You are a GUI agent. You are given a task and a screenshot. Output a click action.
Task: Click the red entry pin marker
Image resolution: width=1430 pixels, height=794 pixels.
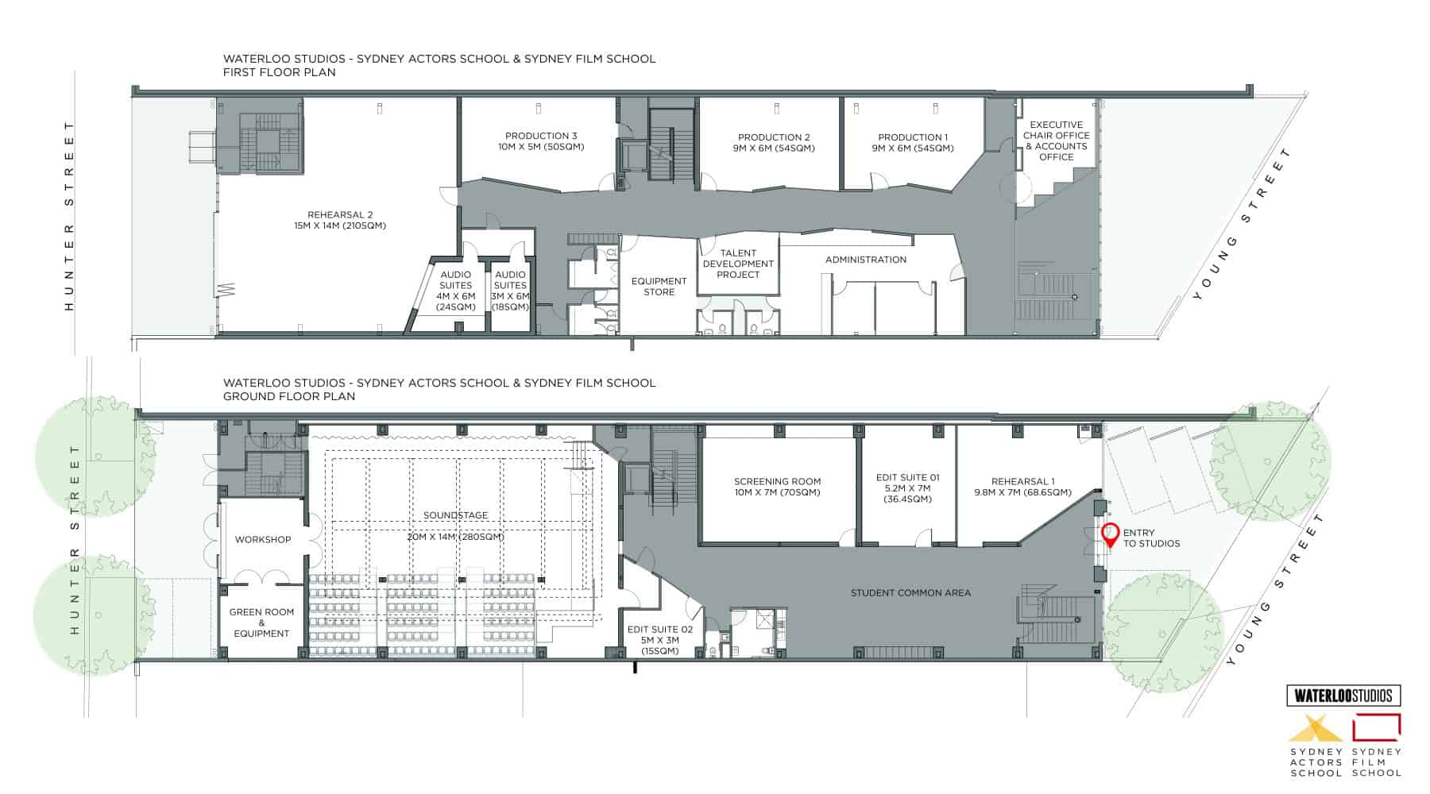pyautogui.click(x=1109, y=536)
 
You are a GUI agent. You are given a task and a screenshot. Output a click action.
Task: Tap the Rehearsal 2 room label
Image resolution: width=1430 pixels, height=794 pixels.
pyautogui.click(x=340, y=220)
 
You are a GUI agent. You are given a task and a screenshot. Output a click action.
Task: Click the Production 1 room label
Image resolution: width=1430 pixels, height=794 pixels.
pyautogui.click(x=913, y=143)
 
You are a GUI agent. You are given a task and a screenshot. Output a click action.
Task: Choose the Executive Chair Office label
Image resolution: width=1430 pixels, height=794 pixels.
pyautogui.click(x=1057, y=141)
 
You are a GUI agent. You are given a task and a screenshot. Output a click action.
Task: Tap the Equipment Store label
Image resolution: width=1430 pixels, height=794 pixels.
pyautogui.click(x=659, y=287)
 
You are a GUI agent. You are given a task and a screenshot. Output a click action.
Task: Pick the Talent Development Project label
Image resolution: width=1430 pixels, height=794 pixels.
pyautogui.click(x=738, y=264)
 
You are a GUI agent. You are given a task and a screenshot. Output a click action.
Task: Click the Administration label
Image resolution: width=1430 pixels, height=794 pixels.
pyautogui.click(x=866, y=260)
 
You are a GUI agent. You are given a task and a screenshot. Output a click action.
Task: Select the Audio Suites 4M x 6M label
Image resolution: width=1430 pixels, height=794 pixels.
pyautogui.click(x=455, y=291)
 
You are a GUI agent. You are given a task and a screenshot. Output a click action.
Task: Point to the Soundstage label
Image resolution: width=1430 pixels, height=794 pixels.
pyautogui.click(x=455, y=515)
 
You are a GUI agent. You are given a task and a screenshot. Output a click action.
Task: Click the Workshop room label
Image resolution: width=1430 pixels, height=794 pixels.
pyautogui.click(x=263, y=539)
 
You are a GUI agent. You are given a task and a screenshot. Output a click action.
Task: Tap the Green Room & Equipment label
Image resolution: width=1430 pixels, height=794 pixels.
pyautogui.click(x=261, y=622)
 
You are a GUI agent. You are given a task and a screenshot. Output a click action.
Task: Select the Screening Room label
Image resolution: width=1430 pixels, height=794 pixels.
pyautogui.click(x=777, y=487)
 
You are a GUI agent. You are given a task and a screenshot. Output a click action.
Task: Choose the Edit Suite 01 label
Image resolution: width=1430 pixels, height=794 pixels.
pyautogui.click(x=907, y=488)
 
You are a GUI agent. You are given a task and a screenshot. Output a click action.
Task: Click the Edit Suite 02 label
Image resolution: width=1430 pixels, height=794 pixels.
pyautogui.click(x=660, y=640)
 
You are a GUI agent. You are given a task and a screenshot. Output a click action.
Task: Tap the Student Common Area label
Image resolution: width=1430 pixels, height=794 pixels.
pyautogui.click(x=910, y=592)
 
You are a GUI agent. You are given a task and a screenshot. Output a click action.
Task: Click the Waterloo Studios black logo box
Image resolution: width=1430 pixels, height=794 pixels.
pyautogui.click(x=1343, y=696)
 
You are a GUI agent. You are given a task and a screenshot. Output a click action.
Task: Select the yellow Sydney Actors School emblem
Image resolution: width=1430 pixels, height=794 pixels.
pyautogui.click(x=1315, y=727)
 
